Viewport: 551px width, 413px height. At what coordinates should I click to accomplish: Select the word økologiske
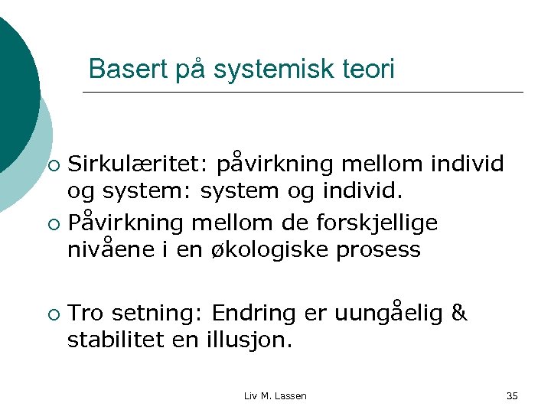click(266, 249)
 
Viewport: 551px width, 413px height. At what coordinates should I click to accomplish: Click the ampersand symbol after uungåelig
click(459, 314)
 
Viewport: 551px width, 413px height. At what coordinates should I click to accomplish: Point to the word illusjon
click(249, 339)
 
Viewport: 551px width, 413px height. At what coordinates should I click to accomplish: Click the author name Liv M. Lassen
click(275, 395)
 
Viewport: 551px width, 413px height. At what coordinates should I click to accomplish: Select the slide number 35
click(512, 395)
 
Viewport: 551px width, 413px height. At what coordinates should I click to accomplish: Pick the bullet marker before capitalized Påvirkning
click(52, 224)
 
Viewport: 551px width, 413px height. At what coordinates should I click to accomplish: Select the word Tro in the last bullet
click(85, 314)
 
